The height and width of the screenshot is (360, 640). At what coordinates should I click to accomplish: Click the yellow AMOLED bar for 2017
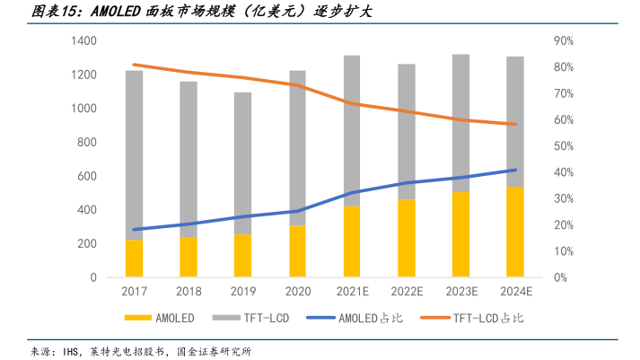coord(134,259)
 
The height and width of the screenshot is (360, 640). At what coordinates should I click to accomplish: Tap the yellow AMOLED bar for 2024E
coord(515,232)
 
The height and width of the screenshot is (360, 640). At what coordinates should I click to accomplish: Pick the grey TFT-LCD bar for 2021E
coord(352,130)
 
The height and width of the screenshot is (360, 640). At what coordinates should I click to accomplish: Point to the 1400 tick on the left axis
coord(83,41)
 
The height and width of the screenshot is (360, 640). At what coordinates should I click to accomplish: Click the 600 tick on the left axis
coord(86,177)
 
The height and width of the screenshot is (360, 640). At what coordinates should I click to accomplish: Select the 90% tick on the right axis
coord(565,41)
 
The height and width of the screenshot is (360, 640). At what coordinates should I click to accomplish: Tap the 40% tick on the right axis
coord(565,172)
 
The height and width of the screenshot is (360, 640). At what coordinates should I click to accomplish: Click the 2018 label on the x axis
coord(188,292)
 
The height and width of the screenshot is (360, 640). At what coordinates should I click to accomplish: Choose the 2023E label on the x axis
coord(461,292)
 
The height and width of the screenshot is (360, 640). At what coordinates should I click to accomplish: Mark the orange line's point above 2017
coord(134,65)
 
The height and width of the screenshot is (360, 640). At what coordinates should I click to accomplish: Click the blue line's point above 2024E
coord(515,170)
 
